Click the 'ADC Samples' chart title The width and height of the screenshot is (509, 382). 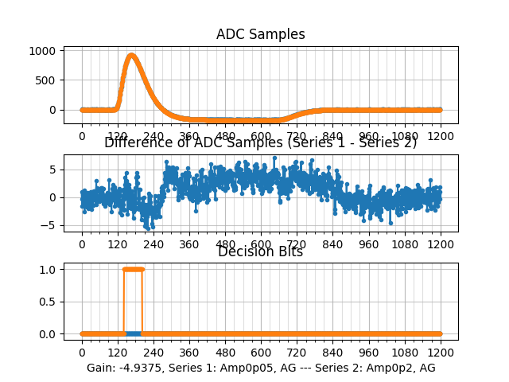(261, 34)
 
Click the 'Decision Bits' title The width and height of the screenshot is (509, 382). (260, 252)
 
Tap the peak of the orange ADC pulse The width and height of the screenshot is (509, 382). (132, 56)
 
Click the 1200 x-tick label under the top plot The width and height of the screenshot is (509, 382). (441, 136)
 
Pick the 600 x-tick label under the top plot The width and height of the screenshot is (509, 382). (261, 136)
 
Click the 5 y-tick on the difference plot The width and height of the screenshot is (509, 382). (52, 169)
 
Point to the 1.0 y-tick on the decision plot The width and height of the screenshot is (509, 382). (48, 269)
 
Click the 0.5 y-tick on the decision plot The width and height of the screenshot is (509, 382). (48, 302)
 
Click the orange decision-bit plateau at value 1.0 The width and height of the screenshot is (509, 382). (133, 269)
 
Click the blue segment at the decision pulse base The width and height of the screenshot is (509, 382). (134, 333)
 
